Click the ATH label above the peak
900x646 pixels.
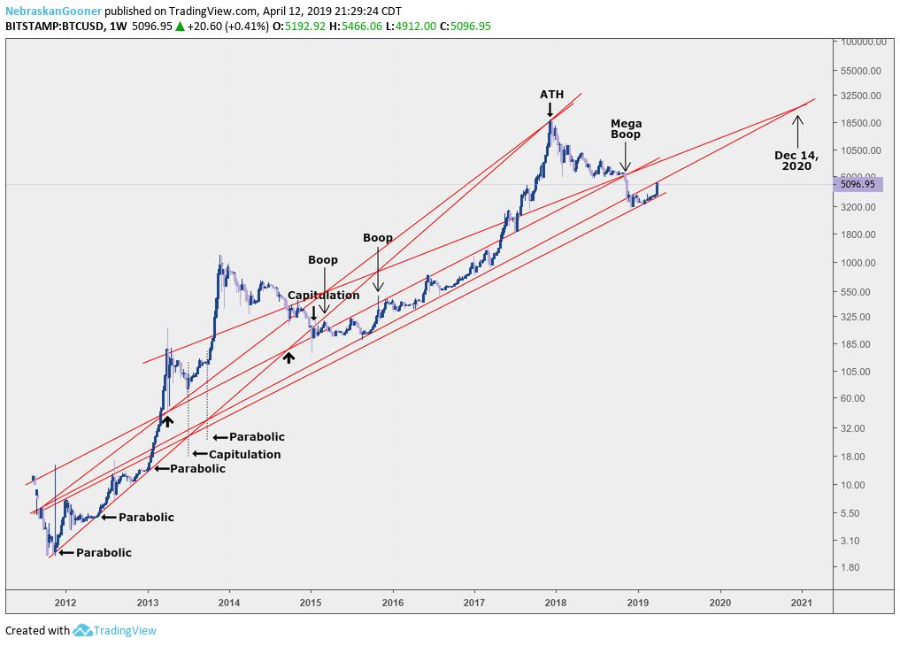(x=551, y=95)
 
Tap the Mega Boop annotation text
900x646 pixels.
(x=626, y=129)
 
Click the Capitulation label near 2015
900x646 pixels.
(x=323, y=296)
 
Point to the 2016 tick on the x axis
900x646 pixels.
(x=393, y=602)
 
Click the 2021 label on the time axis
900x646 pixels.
(x=802, y=602)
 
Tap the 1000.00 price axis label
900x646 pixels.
(x=858, y=263)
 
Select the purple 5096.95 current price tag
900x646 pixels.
(x=858, y=185)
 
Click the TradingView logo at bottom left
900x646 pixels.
(x=115, y=631)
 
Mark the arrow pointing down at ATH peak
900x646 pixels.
(x=550, y=110)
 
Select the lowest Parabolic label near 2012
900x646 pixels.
(x=104, y=553)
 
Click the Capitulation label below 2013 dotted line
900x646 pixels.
(x=244, y=455)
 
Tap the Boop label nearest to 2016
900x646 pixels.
(x=378, y=238)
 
